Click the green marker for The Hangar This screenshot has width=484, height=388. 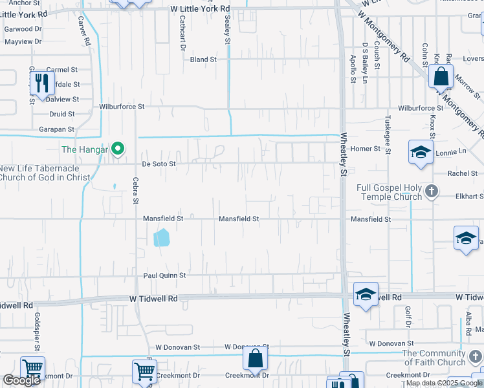point(117,150)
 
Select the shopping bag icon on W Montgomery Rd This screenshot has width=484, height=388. point(440,76)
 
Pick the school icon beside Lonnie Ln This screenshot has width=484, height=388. point(420,153)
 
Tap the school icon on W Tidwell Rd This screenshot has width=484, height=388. point(366,295)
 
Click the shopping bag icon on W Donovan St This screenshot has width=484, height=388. point(256,357)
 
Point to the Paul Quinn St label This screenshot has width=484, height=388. point(164,275)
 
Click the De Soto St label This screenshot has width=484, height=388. point(159,164)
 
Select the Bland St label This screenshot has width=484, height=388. point(203,59)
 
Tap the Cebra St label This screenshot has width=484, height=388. point(136,191)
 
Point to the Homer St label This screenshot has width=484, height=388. point(366,149)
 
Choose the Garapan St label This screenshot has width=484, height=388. point(57,129)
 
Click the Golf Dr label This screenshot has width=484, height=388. point(408,316)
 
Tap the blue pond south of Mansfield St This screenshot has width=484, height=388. point(162,237)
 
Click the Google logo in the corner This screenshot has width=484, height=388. point(21,380)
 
